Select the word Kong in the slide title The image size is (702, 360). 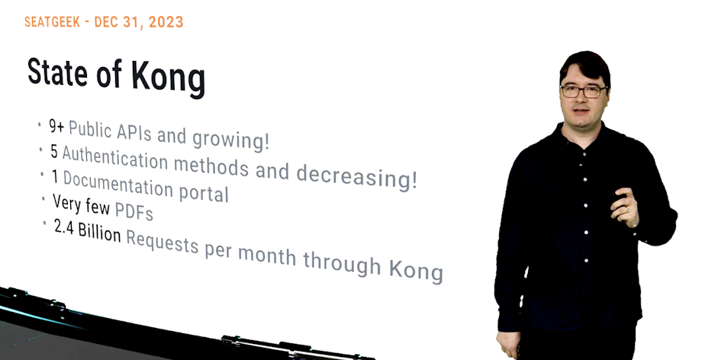click(x=168, y=79)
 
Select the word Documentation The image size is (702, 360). click(x=118, y=184)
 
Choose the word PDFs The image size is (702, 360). click(x=134, y=209)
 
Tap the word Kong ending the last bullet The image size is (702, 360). click(x=416, y=270)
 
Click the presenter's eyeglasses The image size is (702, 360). click(x=584, y=91)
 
